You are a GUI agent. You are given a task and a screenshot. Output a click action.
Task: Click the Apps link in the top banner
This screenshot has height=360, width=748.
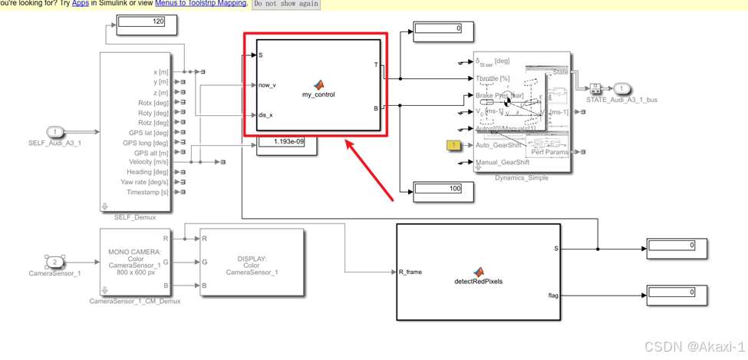click(x=81, y=4)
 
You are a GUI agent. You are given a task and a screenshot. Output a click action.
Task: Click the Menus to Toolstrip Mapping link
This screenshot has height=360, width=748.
click(x=200, y=4)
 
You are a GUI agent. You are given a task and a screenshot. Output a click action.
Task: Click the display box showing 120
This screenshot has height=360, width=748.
click(x=146, y=21)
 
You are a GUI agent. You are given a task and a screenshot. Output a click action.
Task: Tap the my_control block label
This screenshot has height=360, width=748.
click(x=318, y=94)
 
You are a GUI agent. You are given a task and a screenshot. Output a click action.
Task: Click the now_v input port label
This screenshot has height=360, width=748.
click(x=268, y=85)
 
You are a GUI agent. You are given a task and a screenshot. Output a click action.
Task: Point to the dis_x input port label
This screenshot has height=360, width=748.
click(x=265, y=115)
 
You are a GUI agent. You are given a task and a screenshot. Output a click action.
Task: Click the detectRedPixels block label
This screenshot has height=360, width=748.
click(x=479, y=281)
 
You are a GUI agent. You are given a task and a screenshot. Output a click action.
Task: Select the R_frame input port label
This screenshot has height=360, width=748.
click(x=410, y=272)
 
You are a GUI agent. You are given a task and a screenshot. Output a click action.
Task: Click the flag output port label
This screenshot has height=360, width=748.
click(x=553, y=295)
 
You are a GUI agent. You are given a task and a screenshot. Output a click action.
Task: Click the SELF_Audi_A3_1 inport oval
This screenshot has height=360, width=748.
click(x=55, y=132)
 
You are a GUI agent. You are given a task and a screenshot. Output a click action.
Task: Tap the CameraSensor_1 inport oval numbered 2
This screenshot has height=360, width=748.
click(x=55, y=262)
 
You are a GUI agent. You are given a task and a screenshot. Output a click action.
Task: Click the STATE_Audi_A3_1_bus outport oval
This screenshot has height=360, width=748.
click(x=621, y=89)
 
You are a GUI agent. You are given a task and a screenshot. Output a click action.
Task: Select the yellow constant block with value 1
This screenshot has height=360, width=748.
click(x=453, y=145)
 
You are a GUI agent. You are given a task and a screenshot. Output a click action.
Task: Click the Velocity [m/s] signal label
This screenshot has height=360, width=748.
click(x=149, y=162)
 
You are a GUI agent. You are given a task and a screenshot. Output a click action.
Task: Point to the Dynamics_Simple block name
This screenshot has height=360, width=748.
click(x=522, y=177)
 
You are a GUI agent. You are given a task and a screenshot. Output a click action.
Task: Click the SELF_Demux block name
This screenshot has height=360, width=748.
click(x=135, y=217)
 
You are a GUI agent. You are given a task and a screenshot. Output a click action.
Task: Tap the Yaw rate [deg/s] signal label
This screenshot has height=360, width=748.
click(x=144, y=182)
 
